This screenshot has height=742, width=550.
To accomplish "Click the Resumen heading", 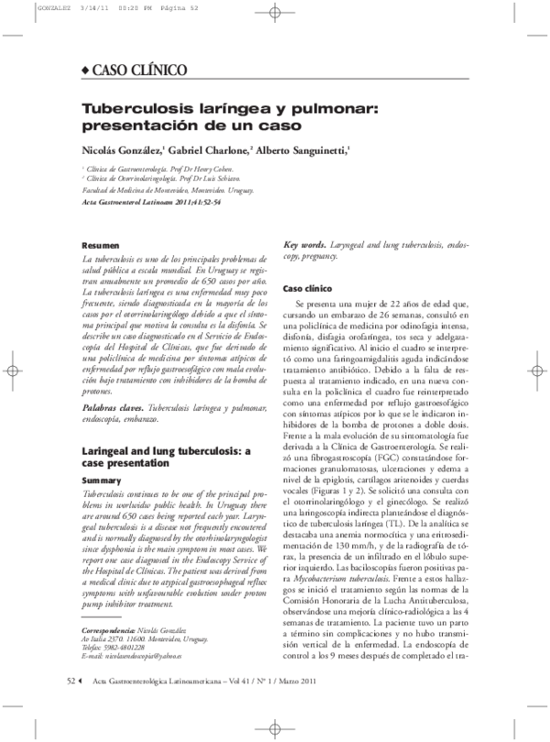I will (99, 247).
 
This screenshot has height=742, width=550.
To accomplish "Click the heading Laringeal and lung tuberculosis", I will (166, 451).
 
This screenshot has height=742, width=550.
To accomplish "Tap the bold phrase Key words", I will (303, 246).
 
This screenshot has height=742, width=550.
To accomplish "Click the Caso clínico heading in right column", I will (307, 287).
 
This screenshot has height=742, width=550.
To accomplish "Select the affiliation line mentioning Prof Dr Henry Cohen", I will (157, 170).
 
